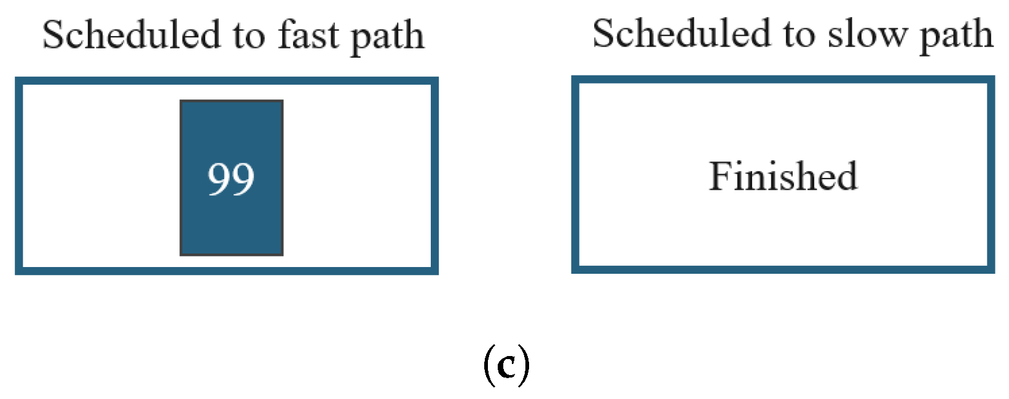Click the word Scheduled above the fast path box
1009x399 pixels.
click(131, 35)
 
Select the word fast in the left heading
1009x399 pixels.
click(308, 35)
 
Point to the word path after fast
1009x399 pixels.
click(387, 37)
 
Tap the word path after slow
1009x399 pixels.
click(956, 36)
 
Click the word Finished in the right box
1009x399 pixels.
click(783, 176)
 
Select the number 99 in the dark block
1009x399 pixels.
click(231, 179)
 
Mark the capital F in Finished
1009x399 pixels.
click(721, 176)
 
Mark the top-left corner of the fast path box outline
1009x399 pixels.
click(19, 81)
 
